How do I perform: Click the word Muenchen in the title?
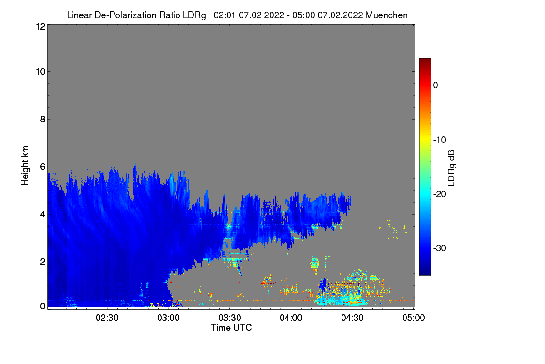click(386, 15)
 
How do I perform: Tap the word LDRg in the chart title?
click(194, 15)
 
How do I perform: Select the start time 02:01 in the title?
click(224, 15)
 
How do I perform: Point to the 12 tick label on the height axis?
click(40, 26)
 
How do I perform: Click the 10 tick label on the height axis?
click(40, 72)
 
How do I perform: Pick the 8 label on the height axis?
click(43, 119)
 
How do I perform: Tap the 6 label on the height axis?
click(43, 167)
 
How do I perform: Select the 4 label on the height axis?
click(43, 215)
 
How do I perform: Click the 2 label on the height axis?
click(43, 262)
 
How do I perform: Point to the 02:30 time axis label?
click(107, 318)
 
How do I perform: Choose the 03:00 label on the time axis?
click(168, 318)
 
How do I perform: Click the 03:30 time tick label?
click(230, 318)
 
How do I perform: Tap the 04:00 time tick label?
click(291, 318)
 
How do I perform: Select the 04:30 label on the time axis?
click(352, 318)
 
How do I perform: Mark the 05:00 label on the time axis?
click(414, 318)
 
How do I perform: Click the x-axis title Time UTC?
click(231, 328)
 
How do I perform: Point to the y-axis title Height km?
click(25, 166)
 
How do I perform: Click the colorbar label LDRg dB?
click(451, 168)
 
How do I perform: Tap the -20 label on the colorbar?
click(440, 194)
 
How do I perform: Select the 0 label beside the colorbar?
click(436, 86)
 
